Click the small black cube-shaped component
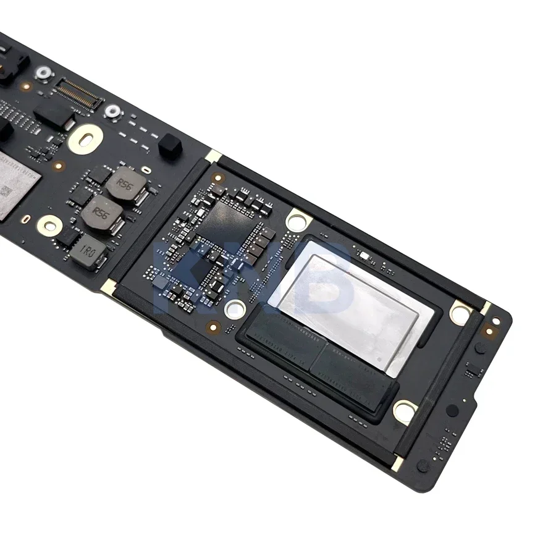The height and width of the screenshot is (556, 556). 170,147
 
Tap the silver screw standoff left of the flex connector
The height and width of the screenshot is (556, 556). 43,74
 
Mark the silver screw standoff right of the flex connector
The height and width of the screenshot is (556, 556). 112,111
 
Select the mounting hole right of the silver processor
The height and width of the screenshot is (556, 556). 461,313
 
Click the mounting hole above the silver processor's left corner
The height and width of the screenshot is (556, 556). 298,219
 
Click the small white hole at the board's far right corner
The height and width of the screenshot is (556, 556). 495,321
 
